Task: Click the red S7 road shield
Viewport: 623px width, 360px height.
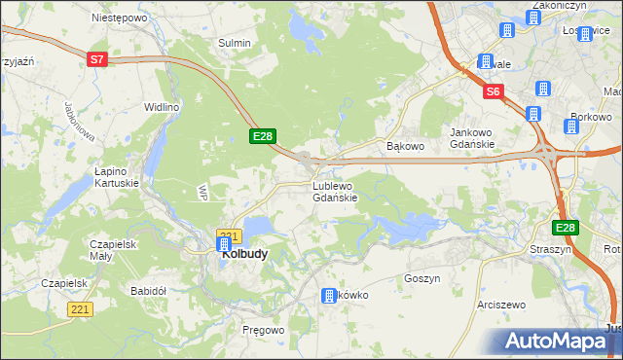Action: point(96,59)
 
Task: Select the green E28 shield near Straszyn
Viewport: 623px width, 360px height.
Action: point(566,228)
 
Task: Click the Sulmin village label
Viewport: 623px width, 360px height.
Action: point(235,43)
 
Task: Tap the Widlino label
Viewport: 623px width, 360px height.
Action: point(162,107)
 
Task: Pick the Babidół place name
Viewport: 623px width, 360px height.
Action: point(150,291)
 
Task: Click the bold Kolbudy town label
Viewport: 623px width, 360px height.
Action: point(246,253)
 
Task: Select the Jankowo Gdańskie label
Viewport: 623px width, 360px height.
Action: point(472,138)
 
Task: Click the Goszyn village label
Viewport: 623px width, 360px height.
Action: point(422,278)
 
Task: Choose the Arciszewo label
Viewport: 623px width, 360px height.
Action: point(501,305)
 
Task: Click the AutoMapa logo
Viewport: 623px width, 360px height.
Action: point(559,341)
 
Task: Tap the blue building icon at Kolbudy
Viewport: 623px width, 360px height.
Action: point(223,247)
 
